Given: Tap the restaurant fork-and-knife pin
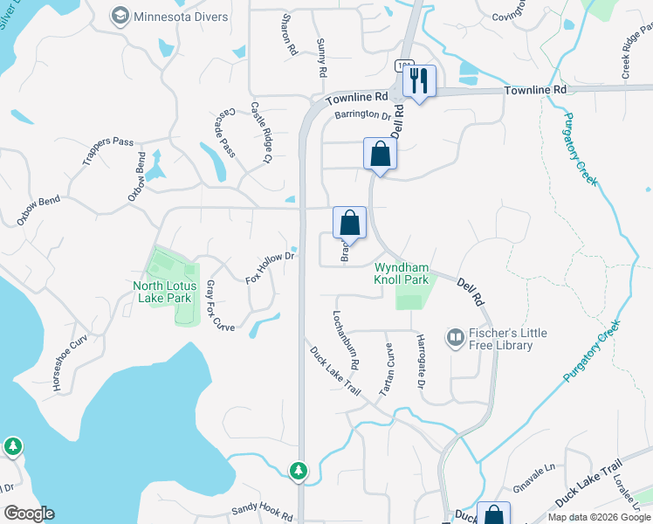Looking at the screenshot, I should click(x=419, y=81).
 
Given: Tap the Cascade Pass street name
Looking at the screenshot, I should click(x=225, y=133).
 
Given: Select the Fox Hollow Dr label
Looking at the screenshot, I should click(x=272, y=267).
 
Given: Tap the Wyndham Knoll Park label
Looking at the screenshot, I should click(x=402, y=273).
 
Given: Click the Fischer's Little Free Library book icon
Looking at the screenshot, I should click(x=455, y=337).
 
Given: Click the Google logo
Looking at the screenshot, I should click(x=30, y=514).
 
